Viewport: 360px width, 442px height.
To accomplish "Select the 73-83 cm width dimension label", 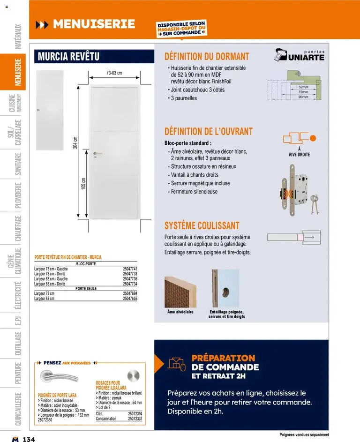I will click(114, 73).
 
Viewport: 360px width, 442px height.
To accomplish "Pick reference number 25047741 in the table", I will click(130, 269).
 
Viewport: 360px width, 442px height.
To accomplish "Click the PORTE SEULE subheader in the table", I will click(86, 289).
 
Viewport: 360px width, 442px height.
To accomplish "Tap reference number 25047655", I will click(130, 298).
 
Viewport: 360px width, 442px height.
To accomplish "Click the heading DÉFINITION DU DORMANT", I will click(207, 57).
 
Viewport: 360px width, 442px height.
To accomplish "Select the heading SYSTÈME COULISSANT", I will click(202, 225).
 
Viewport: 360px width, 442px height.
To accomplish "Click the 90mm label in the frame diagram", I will click(303, 97).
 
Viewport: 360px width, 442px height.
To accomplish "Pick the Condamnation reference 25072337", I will click(135, 419).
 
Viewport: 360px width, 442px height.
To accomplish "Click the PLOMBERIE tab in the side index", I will click(18, 194).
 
